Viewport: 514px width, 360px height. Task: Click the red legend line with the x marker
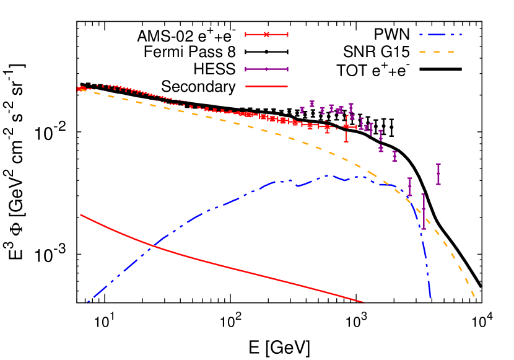(266, 34)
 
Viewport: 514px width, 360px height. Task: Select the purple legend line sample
(266, 69)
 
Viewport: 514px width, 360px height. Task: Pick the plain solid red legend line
(266, 86)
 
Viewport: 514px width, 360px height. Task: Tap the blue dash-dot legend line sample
(440, 35)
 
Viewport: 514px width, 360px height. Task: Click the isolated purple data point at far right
(438, 174)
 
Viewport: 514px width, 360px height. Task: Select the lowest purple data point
(424, 211)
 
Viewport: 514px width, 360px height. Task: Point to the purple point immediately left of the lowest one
(409, 187)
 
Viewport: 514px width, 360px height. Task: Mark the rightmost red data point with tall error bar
(346, 126)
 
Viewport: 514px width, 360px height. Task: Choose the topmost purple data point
(312, 103)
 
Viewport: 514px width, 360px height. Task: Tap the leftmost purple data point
(302, 110)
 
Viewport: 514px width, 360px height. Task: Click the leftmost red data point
(79, 89)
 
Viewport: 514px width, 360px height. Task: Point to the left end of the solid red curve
(81, 215)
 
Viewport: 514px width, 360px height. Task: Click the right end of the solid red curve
(364, 302)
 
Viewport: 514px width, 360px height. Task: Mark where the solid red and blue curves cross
(152, 246)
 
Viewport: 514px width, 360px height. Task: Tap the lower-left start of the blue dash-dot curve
(89, 302)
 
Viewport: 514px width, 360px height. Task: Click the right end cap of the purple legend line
(287, 69)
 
